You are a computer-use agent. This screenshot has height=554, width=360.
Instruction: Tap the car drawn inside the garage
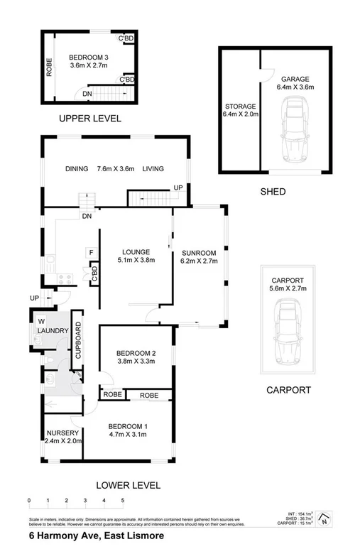click(295, 129)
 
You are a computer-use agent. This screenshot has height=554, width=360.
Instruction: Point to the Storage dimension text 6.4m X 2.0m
click(239, 114)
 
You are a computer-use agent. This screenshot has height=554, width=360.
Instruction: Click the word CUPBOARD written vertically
click(78, 340)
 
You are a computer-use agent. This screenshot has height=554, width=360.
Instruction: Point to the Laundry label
click(53, 331)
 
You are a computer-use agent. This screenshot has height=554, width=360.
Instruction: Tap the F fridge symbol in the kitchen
click(91, 253)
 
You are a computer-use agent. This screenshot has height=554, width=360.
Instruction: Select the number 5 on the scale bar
click(123, 501)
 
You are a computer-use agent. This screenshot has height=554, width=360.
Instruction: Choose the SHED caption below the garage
click(273, 192)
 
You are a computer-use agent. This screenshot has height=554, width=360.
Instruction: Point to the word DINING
click(77, 169)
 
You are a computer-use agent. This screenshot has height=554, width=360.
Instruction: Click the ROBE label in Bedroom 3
click(49, 67)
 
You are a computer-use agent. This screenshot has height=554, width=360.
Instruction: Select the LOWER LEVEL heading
click(128, 486)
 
